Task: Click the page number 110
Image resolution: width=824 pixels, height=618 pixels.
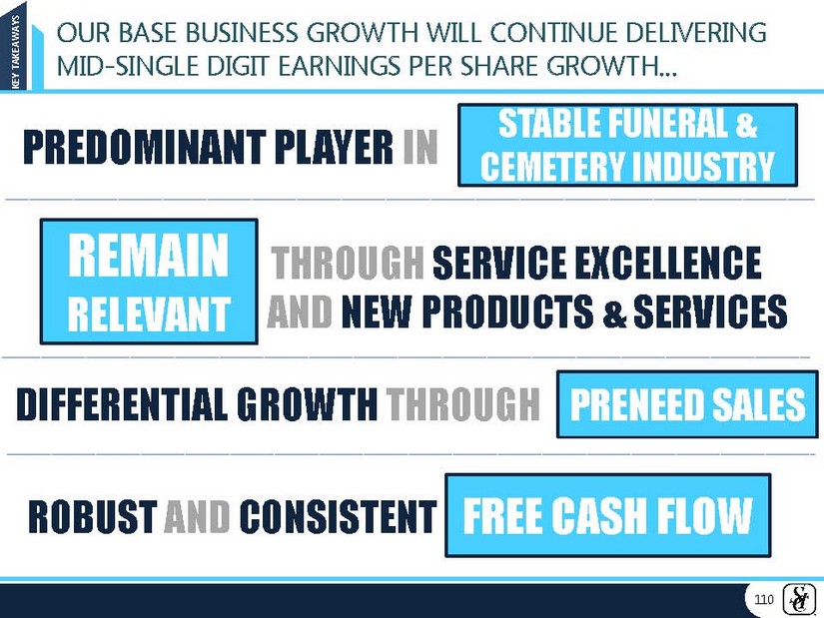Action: click(763, 599)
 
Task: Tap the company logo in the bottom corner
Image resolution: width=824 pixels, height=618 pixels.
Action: click(800, 599)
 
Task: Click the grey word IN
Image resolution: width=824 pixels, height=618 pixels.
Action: click(420, 147)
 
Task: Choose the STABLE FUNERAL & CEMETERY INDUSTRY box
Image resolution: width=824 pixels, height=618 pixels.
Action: click(627, 145)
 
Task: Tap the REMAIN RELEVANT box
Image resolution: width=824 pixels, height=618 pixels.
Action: click(149, 282)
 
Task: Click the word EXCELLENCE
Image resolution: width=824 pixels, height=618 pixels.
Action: click(668, 263)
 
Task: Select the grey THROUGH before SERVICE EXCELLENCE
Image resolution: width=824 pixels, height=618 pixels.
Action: click(348, 263)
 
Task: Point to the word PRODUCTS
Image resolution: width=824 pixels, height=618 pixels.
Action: click(507, 311)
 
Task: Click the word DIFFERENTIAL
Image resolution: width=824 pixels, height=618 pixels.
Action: click(122, 404)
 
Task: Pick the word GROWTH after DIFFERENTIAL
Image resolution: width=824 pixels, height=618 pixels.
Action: click(307, 404)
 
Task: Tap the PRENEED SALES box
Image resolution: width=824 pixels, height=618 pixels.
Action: click(687, 404)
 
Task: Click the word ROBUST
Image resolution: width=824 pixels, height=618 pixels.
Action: click(93, 516)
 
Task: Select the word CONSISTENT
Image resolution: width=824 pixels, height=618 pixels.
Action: click(338, 516)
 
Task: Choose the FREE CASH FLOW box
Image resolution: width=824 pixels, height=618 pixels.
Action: click(608, 515)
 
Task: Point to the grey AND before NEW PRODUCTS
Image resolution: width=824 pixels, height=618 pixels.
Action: click(300, 311)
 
